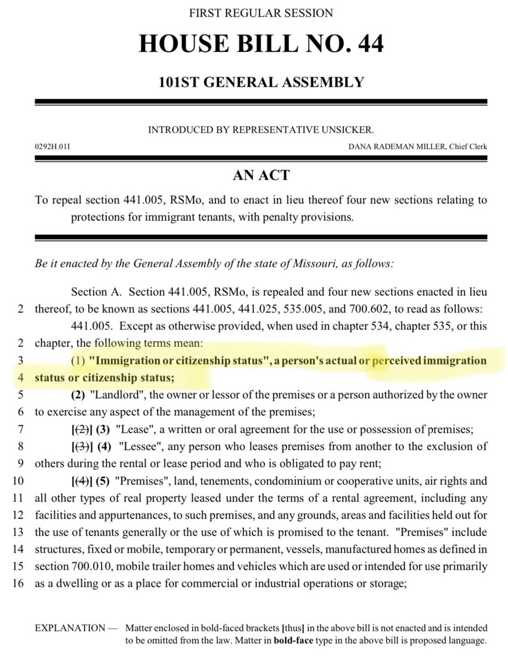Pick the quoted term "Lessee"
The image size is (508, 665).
pos(120,430)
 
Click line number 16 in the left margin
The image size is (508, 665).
pos(18,569)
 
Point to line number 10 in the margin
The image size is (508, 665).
pos(18,465)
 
